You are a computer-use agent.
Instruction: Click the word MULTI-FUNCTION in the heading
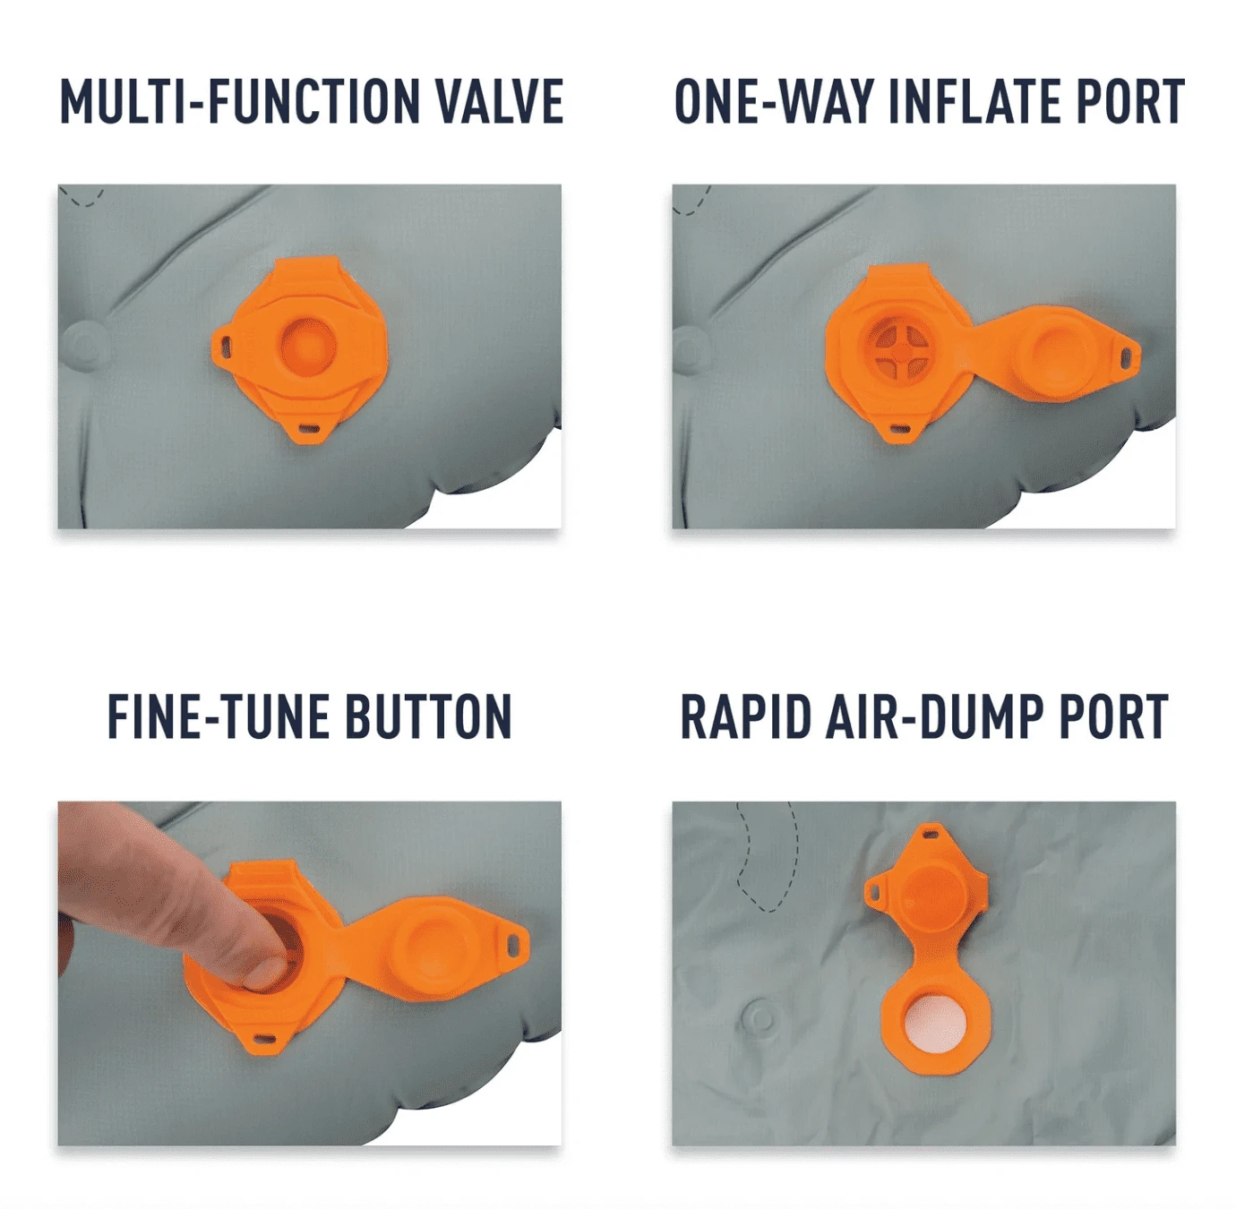pos(240,101)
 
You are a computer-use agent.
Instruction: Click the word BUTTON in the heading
pos(429,716)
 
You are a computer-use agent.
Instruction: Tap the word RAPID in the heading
pos(746,716)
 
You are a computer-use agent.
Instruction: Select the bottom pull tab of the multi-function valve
pos(309,431)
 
